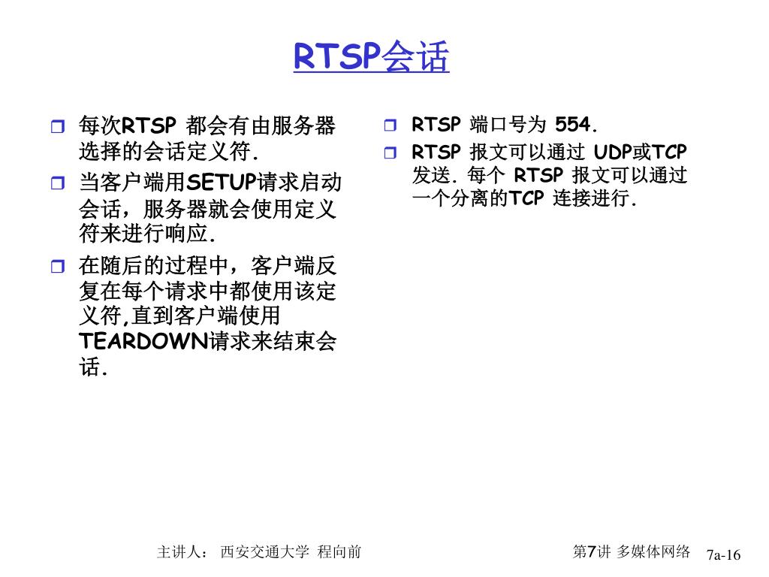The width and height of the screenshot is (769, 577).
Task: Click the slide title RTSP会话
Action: (x=371, y=56)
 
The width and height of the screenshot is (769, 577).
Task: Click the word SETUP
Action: (x=221, y=183)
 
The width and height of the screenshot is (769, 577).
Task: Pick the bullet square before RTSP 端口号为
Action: (x=389, y=125)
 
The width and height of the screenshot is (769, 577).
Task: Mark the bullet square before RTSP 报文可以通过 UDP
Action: (x=389, y=153)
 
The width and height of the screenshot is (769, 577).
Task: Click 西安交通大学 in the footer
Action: (x=264, y=552)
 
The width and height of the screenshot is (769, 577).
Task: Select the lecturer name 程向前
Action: (x=339, y=552)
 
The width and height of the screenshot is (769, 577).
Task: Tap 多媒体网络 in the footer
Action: (x=653, y=551)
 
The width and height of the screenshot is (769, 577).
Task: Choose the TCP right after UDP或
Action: (x=670, y=153)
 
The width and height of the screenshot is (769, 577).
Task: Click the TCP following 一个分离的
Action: (x=526, y=200)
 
